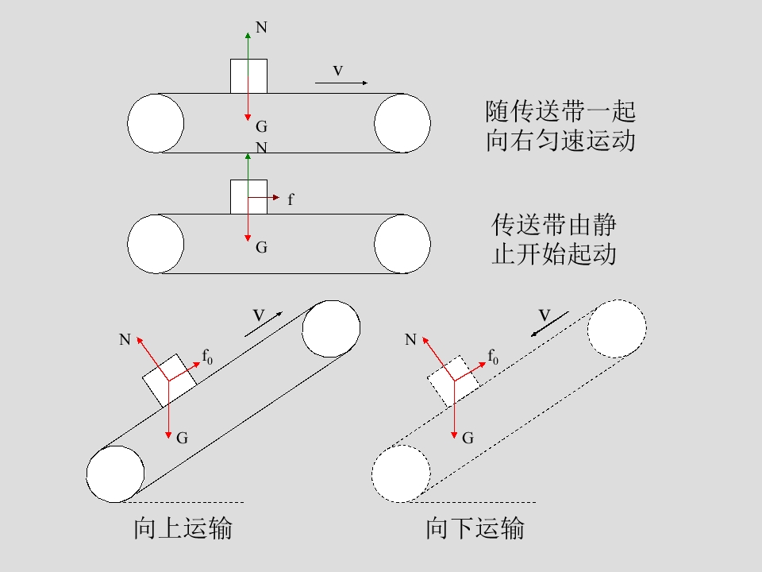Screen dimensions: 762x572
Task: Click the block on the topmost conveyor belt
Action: click(248, 76)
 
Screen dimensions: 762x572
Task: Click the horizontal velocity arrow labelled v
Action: click(341, 83)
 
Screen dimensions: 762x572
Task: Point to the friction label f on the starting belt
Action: click(291, 199)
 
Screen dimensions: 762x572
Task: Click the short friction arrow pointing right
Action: click(264, 198)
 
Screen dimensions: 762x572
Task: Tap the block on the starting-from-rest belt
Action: click(248, 197)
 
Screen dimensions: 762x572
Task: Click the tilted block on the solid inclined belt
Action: click(169, 380)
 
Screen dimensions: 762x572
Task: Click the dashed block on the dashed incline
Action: click(454, 381)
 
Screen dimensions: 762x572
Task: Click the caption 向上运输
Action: click(183, 528)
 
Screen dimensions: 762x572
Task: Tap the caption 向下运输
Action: click(475, 528)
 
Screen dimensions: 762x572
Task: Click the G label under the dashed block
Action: click(468, 439)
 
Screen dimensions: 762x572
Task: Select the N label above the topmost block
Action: click(261, 27)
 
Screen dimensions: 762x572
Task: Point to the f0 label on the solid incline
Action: click(207, 357)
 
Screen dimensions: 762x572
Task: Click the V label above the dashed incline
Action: click(545, 315)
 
